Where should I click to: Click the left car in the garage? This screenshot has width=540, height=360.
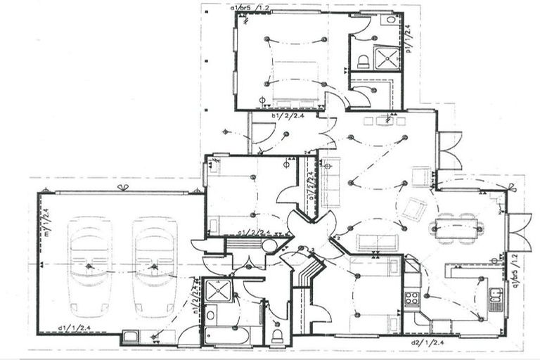89,266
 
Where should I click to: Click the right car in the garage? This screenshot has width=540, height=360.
155,266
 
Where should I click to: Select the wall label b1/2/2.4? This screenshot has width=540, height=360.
287,116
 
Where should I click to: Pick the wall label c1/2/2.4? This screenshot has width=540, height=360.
254,232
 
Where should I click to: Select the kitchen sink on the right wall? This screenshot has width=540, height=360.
496,300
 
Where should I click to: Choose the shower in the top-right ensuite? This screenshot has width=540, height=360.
386,57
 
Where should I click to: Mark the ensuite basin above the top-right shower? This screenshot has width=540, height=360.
388,20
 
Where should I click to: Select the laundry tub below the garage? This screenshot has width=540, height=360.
131,337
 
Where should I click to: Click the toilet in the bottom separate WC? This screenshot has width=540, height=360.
278,333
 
